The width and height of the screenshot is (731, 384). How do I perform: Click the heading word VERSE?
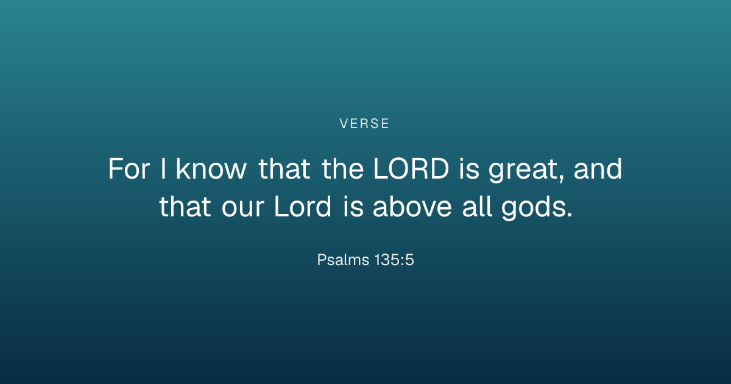[x=364, y=124]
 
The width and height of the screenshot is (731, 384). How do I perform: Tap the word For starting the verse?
[x=129, y=169]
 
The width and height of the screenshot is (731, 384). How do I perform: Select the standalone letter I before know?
[x=163, y=169]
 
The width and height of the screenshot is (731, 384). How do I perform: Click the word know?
[x=211, y=168]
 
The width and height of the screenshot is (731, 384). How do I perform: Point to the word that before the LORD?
[x=284, y=168]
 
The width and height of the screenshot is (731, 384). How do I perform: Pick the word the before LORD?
[x=342, y=168]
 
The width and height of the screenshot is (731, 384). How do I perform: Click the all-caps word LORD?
[x=411, y=169]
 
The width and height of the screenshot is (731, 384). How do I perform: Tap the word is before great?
[x=469, y=169]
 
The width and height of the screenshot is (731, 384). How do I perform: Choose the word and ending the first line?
[x=598, y=168]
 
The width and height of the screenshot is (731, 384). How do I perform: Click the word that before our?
[x=185, y=206]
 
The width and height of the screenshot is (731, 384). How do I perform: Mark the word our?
[x=243, y=209]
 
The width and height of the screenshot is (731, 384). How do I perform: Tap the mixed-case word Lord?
[x=303, y=206]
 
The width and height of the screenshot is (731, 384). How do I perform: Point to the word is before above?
[x=353, y=207]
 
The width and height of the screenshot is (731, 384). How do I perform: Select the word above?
[x=412, y=206]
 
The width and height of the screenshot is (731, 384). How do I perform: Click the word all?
[x=478, y=206]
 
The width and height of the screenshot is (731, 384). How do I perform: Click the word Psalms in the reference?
[x=343, y=260]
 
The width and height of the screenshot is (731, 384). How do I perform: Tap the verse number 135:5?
[x=394, y=260]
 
